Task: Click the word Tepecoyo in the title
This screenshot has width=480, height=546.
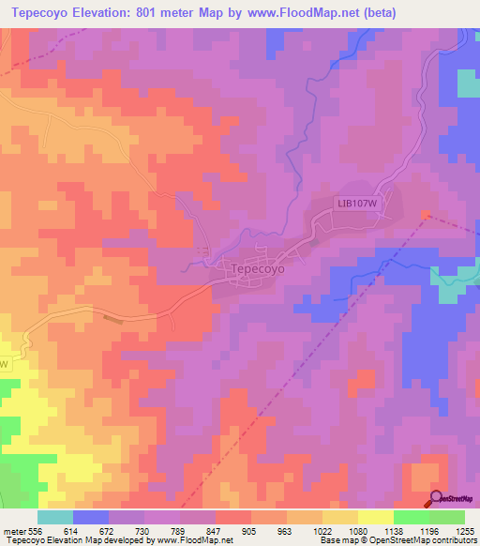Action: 47,12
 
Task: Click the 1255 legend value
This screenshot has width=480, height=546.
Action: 465,530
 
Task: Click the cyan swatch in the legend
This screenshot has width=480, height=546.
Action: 54,517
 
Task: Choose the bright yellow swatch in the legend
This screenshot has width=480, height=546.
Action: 375,517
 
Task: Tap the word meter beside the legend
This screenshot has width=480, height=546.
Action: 12,530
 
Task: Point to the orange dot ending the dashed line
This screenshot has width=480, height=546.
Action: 426,214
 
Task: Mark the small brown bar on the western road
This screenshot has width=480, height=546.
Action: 113,318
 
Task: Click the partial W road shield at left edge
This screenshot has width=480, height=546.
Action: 4,363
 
